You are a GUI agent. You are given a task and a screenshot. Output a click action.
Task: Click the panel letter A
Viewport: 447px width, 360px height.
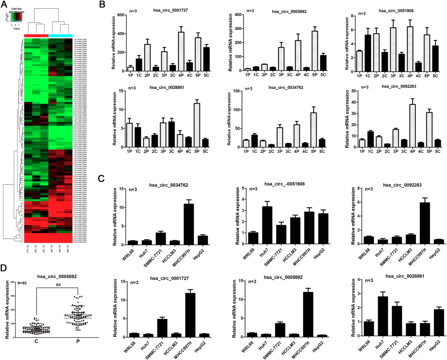tap(4, 5)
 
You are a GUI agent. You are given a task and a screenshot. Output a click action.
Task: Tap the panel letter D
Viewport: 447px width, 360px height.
tap(4, 268)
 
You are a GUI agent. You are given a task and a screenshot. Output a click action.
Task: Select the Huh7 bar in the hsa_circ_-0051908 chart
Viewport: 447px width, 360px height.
tap(267, 225)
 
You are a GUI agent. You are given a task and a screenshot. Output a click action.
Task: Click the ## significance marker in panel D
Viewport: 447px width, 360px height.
tap(58, 285)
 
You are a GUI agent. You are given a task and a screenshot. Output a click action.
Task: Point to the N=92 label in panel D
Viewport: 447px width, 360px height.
tap(22, 283)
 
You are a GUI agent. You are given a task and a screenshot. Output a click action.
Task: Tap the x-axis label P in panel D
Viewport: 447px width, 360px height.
tap(78, 342)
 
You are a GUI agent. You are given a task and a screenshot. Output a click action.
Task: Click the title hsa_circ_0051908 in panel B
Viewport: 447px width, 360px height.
tap(396, 11)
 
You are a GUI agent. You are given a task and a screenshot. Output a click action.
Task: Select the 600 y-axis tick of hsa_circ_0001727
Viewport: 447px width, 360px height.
tap(121, 15)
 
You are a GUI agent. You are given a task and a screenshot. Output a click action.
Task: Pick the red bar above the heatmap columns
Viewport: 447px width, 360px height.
tap(36, 36)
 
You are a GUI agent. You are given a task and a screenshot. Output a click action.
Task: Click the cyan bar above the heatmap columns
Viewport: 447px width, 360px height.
tap(60, 36)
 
